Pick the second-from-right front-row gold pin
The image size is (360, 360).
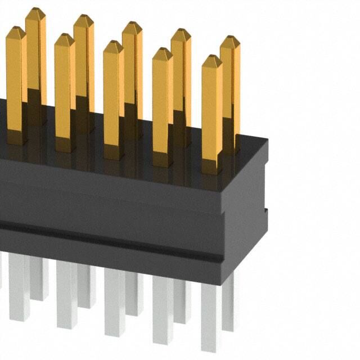click(162, 107)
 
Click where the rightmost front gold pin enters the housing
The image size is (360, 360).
click(212, 169)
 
